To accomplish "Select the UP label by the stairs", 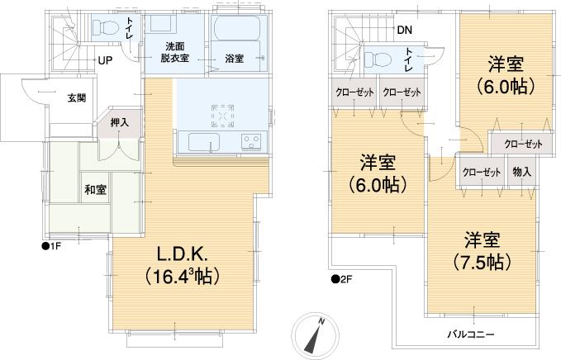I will click(x=106, y=61).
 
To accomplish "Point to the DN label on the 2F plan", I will click(x=404, y=31).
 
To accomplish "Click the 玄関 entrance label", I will click(x=76, y=98).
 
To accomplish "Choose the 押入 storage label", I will click(x=120, y=122).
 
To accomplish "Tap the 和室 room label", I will click(x=94, y=187).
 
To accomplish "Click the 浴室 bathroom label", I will click(x=234, y=59).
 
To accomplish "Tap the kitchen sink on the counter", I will click(x=206, y=142).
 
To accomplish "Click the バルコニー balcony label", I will click(x=472, y=334).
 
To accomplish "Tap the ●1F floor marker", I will click(x=52, y=245).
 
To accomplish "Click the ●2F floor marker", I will click(x=341, y=279).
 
